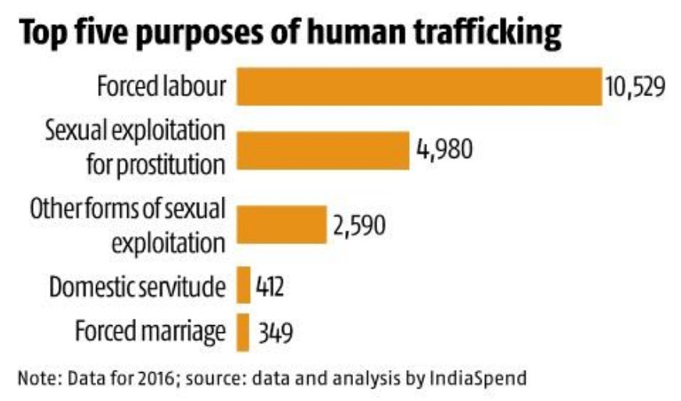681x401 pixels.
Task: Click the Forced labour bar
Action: click(418, 87)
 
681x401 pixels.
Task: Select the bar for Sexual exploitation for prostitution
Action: click(323, 149)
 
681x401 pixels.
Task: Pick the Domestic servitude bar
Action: click(243, 286)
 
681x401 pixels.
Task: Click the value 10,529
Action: click(633, 87)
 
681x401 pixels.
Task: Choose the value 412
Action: click(269, 287)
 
